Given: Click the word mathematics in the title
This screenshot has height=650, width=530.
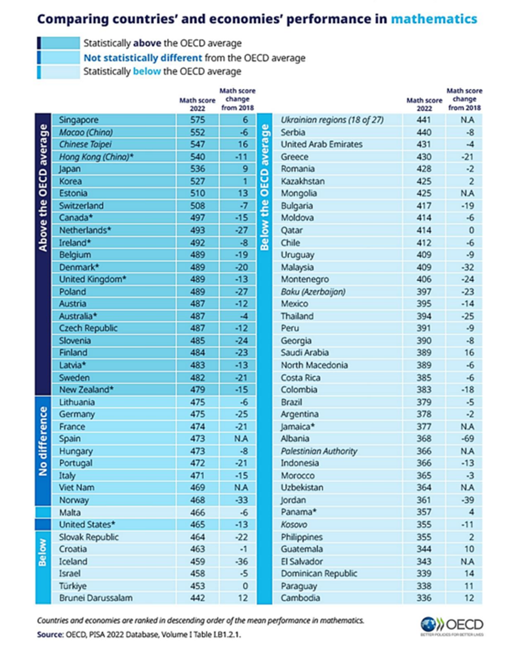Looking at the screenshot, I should (x=434, y=19).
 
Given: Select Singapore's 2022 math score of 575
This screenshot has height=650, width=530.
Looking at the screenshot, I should (x=197, y=120).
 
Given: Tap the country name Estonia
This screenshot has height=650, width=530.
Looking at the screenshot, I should (x=73, y=193).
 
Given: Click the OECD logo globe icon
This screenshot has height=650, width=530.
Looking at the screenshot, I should (x=428, y=624).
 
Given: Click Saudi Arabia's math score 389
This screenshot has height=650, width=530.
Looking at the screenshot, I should (x=424, y=352).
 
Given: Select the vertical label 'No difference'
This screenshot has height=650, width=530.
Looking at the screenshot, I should (x=43, y=441).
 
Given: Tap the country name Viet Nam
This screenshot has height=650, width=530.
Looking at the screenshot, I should (x=77, y=487).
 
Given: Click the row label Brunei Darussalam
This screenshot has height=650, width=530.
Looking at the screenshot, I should (x=96, y=598).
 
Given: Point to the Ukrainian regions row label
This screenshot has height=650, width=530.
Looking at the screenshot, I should (x=332, y=120).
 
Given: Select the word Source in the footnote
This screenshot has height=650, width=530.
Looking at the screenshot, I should (x=50, y=635).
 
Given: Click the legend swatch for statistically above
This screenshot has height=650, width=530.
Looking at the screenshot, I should (x=59, y=43).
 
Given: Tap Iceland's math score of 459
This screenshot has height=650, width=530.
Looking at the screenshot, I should (x=197, y=561).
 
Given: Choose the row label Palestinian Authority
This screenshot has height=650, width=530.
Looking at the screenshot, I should (x=319, y=451).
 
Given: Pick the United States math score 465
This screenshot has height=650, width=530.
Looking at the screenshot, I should (x=197, y=525).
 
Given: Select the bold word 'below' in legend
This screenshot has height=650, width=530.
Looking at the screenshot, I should (x=147, y=72).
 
